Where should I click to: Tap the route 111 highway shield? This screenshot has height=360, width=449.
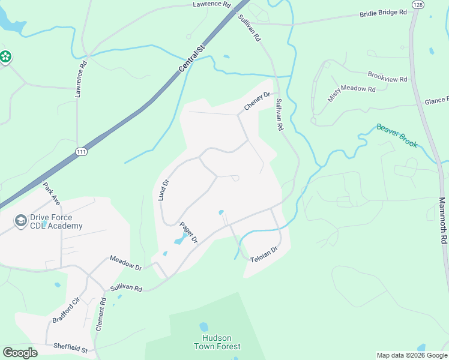click(x=82, y=152)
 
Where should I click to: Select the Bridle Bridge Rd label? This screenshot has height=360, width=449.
click(x=384, y=13)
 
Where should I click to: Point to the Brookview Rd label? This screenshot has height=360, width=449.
click(x=387, y=77)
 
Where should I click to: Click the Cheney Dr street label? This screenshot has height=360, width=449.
click(x=258, y=101)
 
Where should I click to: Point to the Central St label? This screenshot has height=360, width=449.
click(x=192, y=58)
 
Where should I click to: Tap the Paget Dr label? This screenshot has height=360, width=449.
click(x=189, y=232)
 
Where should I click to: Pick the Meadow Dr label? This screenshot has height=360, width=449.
click(x=125, y=262)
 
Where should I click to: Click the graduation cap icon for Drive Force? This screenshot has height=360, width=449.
click(x=21, y=221)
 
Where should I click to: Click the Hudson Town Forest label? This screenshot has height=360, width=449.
click(x=217, y=342)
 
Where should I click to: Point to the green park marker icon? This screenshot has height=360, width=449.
click(x=6, y=57)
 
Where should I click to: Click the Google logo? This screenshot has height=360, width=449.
click(x=20, y=353)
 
